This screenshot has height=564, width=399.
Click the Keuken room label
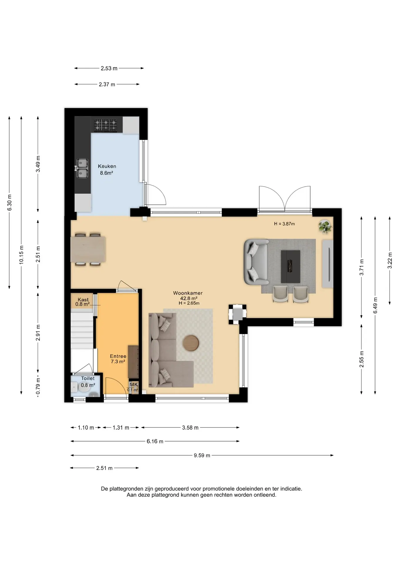tap(107, 166)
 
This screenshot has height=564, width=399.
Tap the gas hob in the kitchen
tap(105, 125)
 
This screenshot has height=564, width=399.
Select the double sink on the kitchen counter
tap(82, 168)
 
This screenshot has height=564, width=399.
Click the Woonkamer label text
tap(188, 293)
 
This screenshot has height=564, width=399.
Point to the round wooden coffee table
tap(191, 343)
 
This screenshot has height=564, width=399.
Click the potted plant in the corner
tap(325, 227)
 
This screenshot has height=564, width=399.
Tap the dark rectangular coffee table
tap(291, 266)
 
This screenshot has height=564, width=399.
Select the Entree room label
tap(118, 356)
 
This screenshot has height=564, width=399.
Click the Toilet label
tap(88, 379)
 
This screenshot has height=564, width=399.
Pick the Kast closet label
tap(83, 300)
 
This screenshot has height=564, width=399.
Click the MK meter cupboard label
tap(134, 385)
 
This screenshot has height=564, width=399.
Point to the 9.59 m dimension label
tap(202, 456)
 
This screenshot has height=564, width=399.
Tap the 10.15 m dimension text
tap(21, 255)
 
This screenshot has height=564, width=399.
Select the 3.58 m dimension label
tap(190, 428)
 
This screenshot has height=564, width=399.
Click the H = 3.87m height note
tap(284, 224)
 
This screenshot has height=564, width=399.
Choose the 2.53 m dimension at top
tap(109, 68)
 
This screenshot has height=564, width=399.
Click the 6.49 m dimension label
tap(375, 305)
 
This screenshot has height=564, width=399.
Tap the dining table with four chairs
tap(88, 249)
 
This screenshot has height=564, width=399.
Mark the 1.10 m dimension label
tap(86, 428)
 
